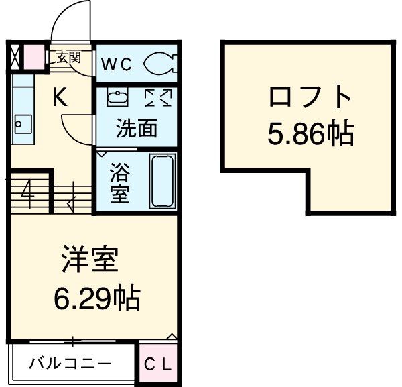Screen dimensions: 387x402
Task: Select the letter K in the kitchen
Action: point(60,99)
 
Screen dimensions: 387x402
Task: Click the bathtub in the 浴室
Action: point(163,180)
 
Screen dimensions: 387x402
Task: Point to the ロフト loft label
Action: point(310,98)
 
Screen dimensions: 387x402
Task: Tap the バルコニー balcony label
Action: point(70,365)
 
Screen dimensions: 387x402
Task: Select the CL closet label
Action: point(159,365)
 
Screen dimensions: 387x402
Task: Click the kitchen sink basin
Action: point(22,124)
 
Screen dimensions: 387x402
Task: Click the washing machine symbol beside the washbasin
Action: point(158,98)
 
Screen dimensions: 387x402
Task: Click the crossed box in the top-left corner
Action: point(16,58)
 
